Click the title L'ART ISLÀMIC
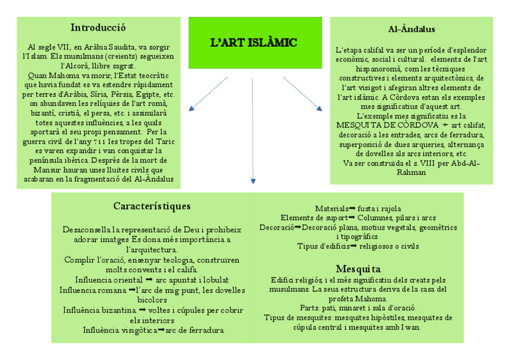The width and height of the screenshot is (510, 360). (253, 43)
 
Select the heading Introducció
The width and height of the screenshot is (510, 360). (98, 28)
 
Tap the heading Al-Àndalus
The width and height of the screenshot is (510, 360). (411, 29)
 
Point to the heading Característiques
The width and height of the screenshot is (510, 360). (152, 206)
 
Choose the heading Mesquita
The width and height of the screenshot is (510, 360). (358, 268)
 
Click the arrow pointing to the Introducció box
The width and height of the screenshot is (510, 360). (207, 94)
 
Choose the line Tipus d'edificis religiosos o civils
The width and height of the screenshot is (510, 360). (358, 246)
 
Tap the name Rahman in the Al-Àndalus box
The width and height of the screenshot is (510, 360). (411, 172)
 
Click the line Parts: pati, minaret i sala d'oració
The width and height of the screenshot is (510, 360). (358, 308)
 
